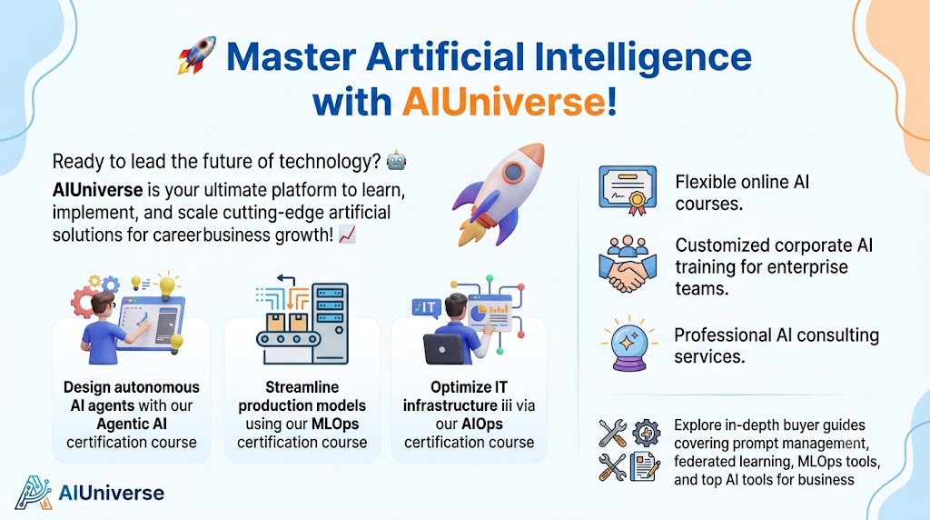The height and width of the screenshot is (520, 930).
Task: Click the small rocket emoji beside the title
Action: [197, 55]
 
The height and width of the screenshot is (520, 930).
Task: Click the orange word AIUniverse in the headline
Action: [504, 102]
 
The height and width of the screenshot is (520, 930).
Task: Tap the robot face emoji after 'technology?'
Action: [396, 161]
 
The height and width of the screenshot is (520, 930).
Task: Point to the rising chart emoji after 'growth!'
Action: [348, 235]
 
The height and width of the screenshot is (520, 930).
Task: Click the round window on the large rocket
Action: [513, 173]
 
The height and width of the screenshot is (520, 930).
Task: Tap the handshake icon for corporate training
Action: [628, 265]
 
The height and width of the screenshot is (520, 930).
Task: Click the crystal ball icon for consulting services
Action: [629, 345]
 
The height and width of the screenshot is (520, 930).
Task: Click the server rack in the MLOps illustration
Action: [331, 323]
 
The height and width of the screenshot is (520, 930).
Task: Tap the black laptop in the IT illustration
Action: [443, 349]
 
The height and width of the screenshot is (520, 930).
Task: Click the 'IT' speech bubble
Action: [427, 308]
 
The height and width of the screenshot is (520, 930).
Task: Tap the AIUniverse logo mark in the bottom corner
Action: [34, 492]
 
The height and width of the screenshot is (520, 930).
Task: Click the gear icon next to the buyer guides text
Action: [646, 433]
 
